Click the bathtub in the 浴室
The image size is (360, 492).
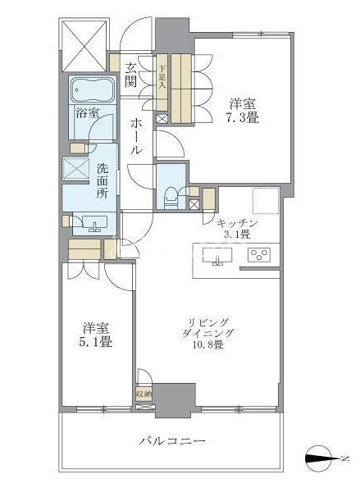92,89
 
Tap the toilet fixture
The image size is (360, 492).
171,198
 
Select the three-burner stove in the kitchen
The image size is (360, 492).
259,254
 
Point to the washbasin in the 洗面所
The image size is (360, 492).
94,223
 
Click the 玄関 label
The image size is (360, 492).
131,75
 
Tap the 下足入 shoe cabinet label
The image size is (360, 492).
162,78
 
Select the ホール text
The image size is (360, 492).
136,136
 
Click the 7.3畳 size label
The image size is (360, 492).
242,117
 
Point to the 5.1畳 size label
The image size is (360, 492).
96,342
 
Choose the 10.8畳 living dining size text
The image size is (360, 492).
207,344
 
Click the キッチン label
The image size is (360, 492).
237,223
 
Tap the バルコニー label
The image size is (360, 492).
172,441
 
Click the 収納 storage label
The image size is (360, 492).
144,394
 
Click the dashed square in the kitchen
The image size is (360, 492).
267,201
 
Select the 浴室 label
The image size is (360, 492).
88,113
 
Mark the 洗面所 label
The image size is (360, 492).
102,181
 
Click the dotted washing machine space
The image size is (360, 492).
75,170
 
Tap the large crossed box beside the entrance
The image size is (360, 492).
84,45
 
